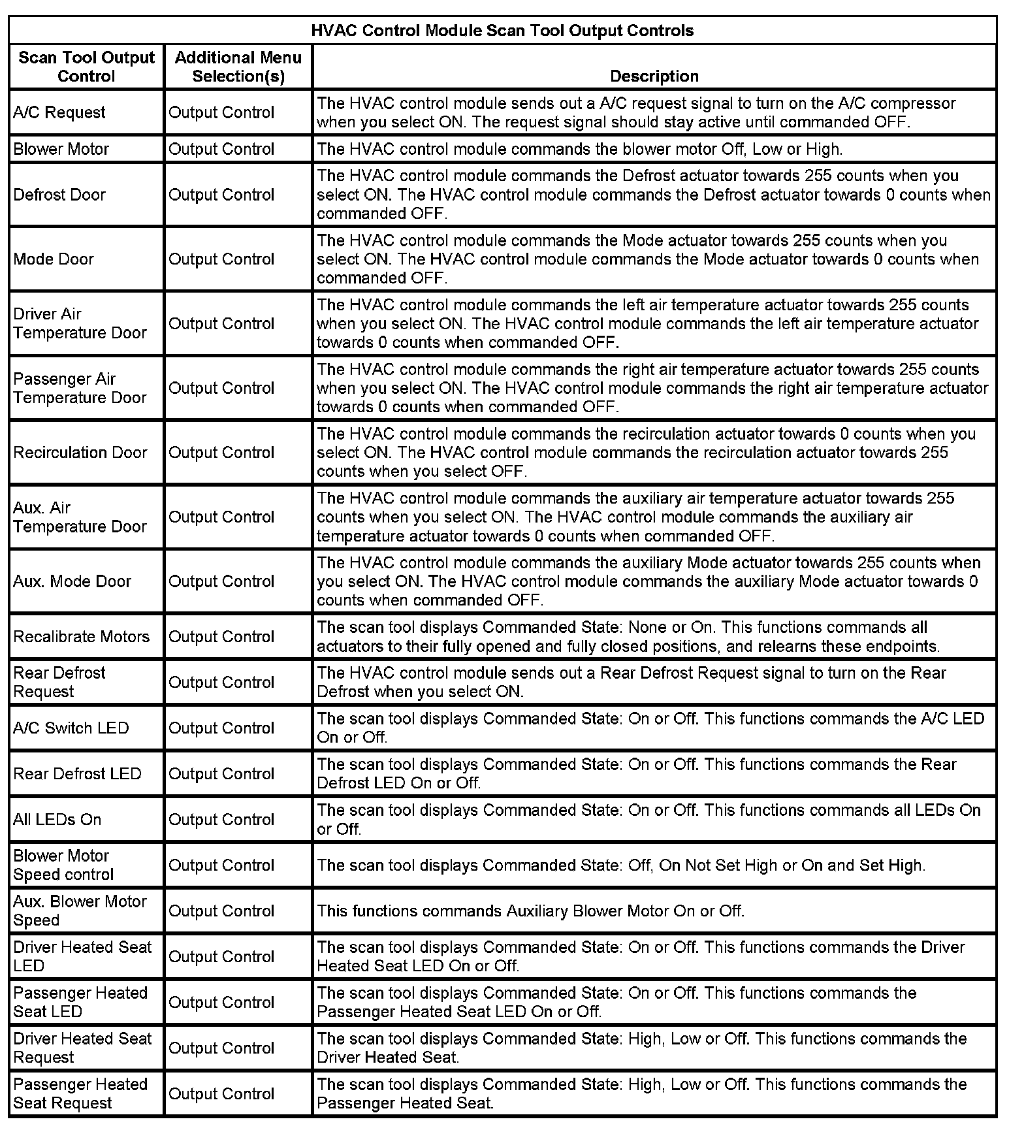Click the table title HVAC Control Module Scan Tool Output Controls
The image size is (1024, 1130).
[x=502, y=31]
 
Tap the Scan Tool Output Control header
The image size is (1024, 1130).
[x=86, y=67]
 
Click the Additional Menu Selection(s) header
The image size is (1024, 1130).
[x=238, y=67]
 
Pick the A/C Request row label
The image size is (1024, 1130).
[x=59, y=112]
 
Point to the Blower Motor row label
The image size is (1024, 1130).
[x=61, y=149]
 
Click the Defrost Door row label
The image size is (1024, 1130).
[x=59, y=195]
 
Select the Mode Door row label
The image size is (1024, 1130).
[x=54, y=259]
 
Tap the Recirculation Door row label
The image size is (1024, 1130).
[x=80, y=452]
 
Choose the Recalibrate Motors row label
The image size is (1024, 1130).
[x=82, y=636]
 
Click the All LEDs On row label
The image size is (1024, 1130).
[x=57, y=819]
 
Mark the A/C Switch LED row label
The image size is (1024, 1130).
[x=71, y=728]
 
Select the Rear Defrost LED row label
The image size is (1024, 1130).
[x=77, y=773]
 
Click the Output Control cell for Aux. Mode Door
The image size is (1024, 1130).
[x=221, y=581]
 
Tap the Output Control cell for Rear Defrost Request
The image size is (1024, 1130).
[x=221, y=682]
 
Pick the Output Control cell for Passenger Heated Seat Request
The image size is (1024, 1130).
[x=221, y=1093]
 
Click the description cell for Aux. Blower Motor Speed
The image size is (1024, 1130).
[x=530, y=911]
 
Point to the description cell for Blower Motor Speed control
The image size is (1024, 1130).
[x=620, y=865]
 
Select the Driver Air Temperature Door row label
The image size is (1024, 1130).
[x=80, y=323]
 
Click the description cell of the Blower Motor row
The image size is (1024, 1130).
[x=579, y=149]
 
